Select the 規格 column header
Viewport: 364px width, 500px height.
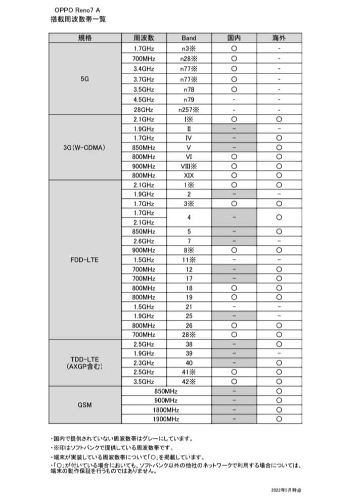(x=85, y=38)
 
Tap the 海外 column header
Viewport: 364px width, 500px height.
(x=279, y=38)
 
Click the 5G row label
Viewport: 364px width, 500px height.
(x=85, y=79)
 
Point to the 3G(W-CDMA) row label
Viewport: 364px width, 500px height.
(x=85, y=148)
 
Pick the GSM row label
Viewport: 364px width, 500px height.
(x=85, y=405)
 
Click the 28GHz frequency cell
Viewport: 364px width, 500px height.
(x=144, y=109)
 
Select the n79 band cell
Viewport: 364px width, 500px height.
(x=189, y=100)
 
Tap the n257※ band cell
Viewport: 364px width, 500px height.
(x=189, y=109)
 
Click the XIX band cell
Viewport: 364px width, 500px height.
(x=189, y=175)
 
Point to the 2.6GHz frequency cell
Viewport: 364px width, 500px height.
(x=144, y=241)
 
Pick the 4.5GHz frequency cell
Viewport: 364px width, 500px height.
(x=144, y=100)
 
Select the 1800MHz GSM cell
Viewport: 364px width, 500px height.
(x=166, y=410)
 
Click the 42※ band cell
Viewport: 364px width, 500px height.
(x=189, y=382)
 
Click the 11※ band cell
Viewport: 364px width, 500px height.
(x=189, y=260)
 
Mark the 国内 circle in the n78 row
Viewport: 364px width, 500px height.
(x=234, y=90)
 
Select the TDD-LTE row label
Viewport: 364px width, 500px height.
(x=85, y=362)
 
